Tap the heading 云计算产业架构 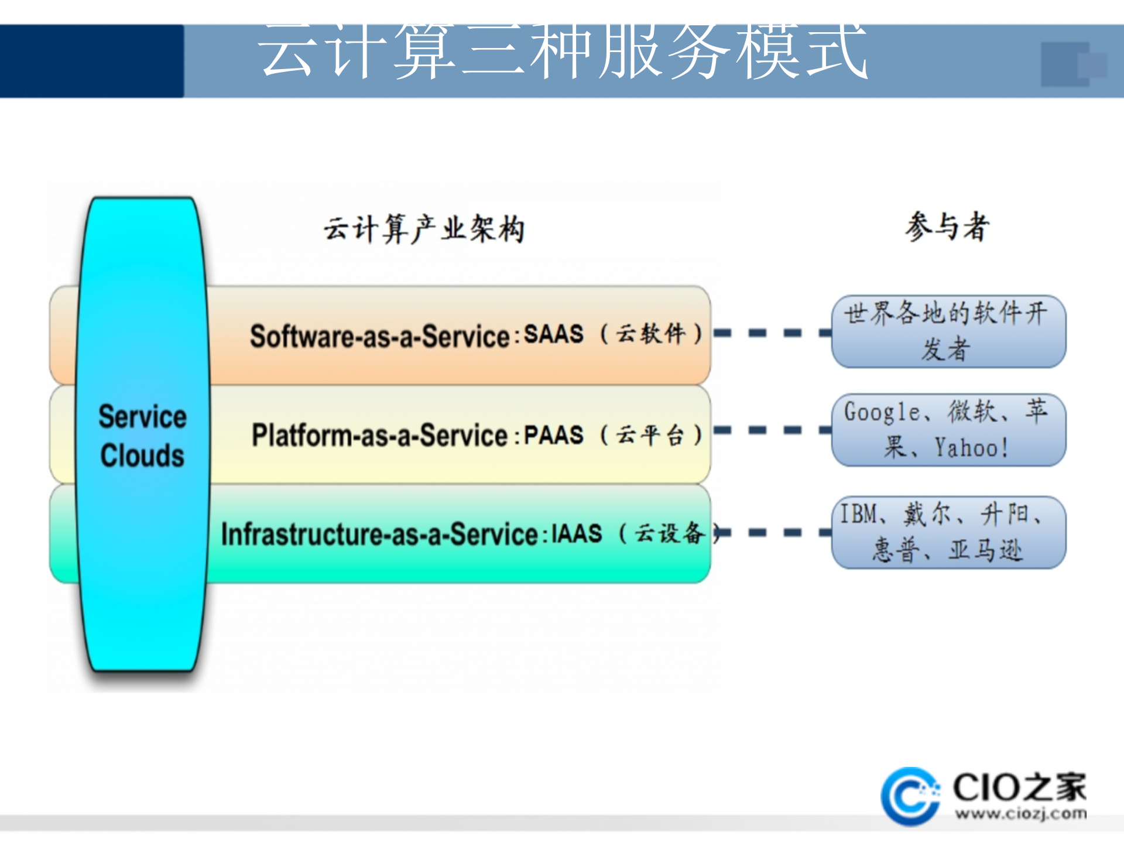(424, 228)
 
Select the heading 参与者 (947, 227)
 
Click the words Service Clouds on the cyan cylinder (142, 436)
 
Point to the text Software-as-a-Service (379, 337)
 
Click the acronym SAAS (553, 334)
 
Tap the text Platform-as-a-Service (379, 436)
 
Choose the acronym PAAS (553, 435)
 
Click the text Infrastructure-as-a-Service (379, 534)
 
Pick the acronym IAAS (577, 533)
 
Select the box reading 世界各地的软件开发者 (948, 331)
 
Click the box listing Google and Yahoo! (948, 430)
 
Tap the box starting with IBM (948, 532)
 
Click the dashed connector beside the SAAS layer (772, 333)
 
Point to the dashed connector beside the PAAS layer (772, 430)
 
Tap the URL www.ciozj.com (1020, 814)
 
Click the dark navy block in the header (92, 61)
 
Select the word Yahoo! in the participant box (971, 448)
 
